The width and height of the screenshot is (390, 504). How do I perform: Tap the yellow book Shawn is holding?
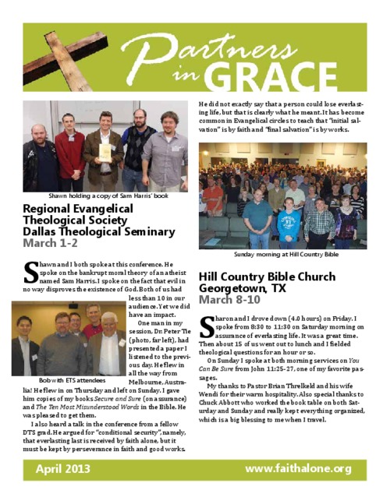click(104, 151)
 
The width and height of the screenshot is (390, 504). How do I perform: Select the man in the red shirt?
click(70, 152)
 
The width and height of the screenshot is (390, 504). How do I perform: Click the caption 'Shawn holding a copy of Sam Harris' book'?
click(108, 196)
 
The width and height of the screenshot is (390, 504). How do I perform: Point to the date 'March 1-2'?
click(50, 243)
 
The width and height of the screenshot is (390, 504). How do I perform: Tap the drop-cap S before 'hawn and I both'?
click(30, 272)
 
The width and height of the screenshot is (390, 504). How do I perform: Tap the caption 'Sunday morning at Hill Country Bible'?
click(286, 254)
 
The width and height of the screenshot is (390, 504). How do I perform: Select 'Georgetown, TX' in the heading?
click(243, 288)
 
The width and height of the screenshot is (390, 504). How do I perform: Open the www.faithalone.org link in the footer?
click(298, 468)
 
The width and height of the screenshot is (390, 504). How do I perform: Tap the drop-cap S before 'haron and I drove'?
click(207, 325)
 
